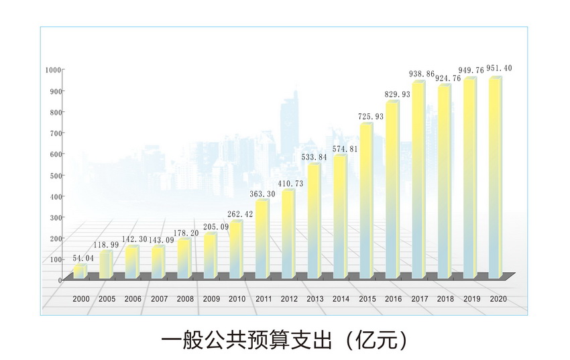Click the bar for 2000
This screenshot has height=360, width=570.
[79, 272]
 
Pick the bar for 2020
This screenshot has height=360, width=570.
[495, 178]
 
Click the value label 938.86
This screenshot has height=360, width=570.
[422, 74]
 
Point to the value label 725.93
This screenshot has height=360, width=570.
[371, 117]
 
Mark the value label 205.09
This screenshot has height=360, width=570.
[216, 226]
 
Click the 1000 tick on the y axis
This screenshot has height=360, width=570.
[53, 70]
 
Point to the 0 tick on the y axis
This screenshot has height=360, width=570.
[60, 280]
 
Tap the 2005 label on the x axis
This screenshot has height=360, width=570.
[107, 299]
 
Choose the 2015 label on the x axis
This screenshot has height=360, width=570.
[367, 299]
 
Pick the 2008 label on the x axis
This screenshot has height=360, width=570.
[185, 299]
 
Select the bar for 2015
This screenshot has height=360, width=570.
[365, 201]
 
